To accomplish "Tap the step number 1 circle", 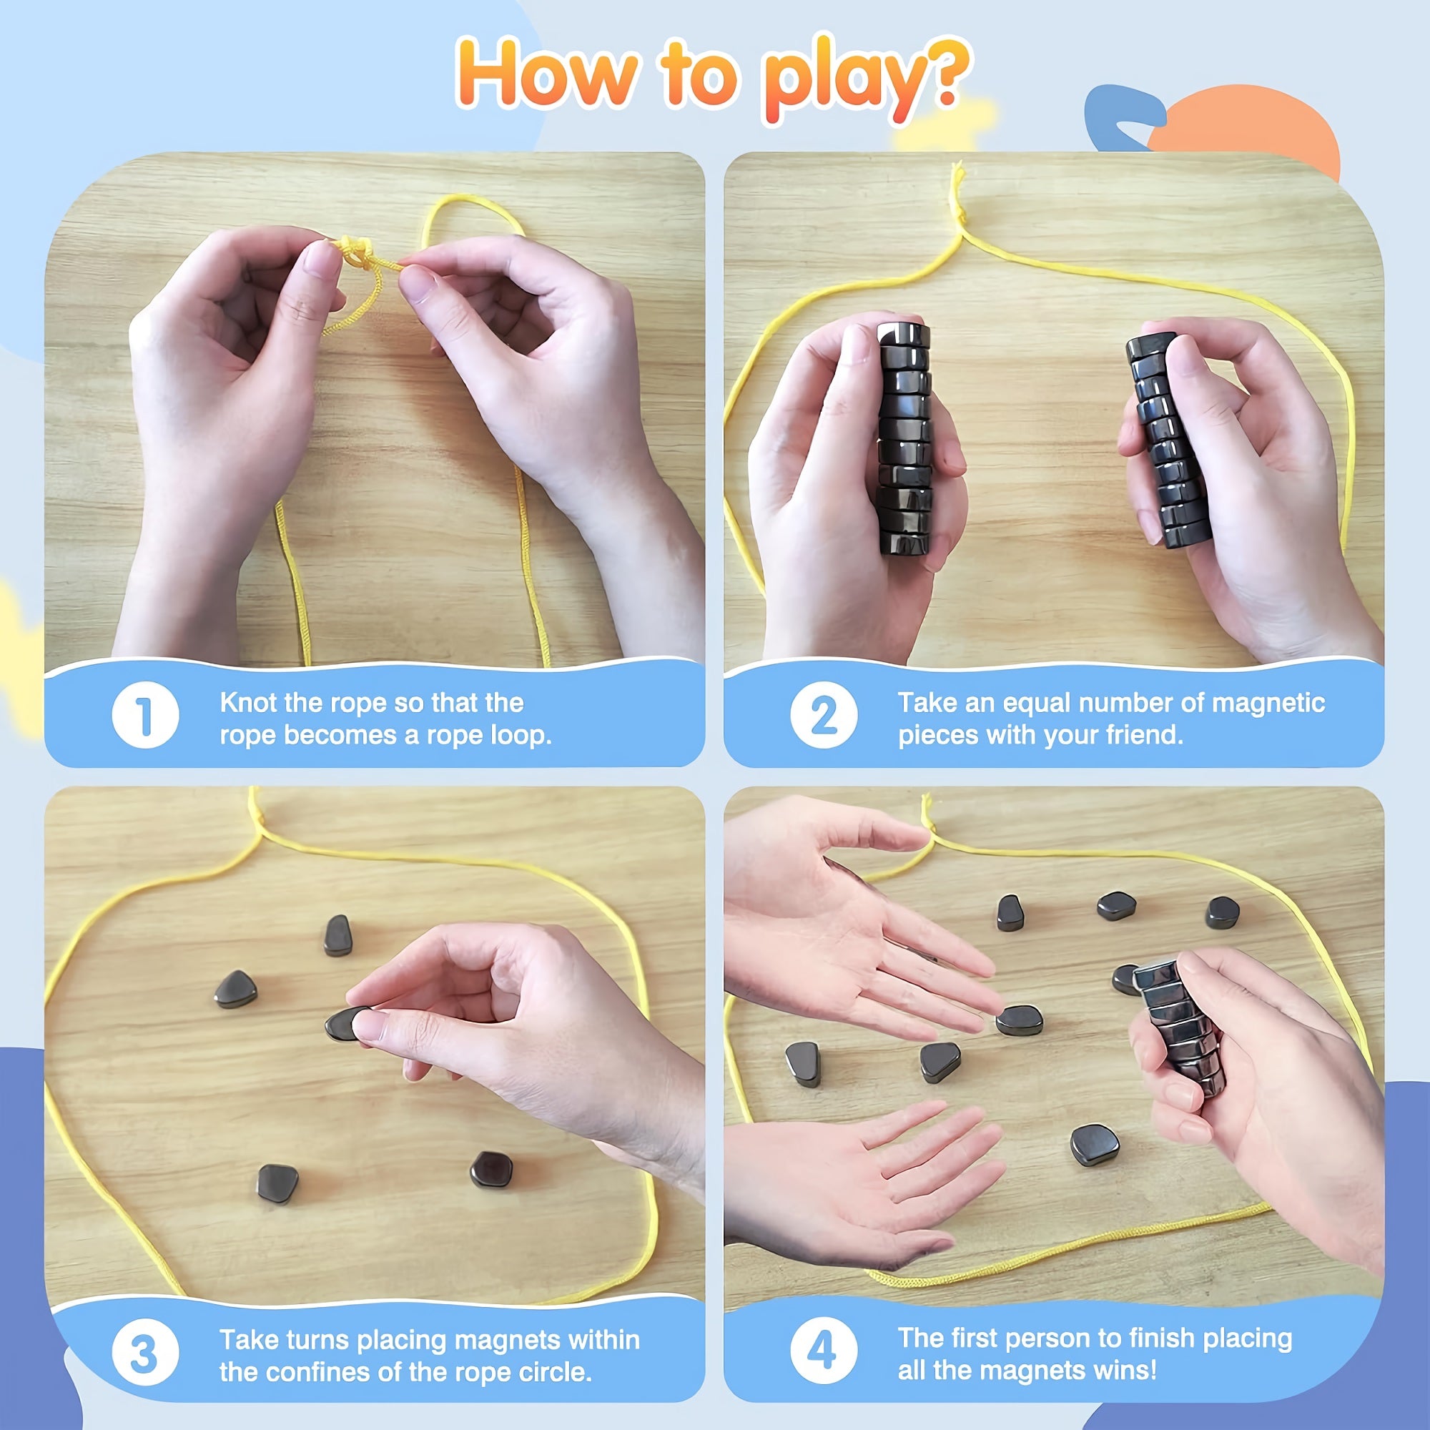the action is pos(145,715).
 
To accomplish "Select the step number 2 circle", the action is pos(824,715).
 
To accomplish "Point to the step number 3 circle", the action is pos(145,1352).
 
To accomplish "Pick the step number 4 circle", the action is pos(824,1351).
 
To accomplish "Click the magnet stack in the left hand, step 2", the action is pos(904,438).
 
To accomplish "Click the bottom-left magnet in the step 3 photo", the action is pos(277,1183).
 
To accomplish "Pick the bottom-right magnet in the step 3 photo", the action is pos(491,1170).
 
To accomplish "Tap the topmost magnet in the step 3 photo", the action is pos(338,935).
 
